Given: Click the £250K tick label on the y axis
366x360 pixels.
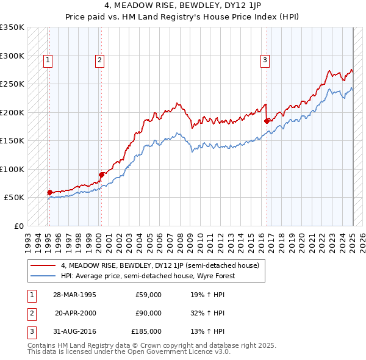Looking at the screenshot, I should pyautogui.click(x=12, y=84).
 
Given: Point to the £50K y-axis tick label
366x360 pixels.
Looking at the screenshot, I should pyautogui.click(x=14, y=198).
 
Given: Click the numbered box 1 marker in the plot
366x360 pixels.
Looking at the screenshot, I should pyautogui.click(x=48, y=60).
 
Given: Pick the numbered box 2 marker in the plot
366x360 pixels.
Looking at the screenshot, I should pyautogui.click(x=99, y=60).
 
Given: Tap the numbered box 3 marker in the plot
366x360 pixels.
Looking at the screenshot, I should pyautogui.click(x=265, y=60).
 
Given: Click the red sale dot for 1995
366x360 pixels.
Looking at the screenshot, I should pyautogui.click(x=50, y=192).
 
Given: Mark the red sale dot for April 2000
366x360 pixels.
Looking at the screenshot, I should pyautogui.click(x=101, y=175).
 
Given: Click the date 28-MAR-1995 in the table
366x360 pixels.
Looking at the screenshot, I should pyautogui.click(x=74, y=295).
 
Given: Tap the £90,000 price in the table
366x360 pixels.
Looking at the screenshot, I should pyautogui.click(x=148, y=313).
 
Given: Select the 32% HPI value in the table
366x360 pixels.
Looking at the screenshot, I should pyautogui.click(x=207, y=313).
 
